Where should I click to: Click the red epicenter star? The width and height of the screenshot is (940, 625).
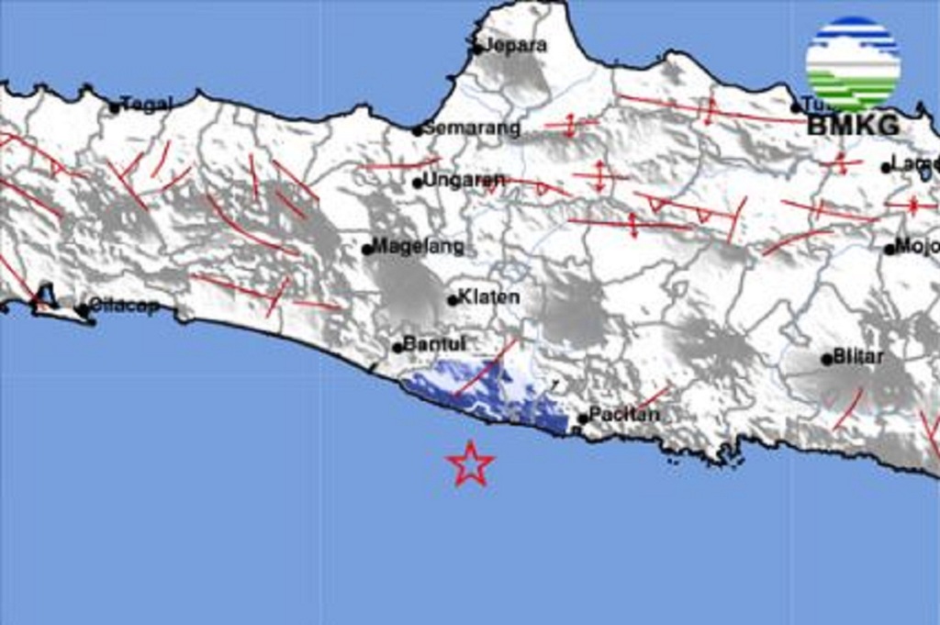(x=471, y=463)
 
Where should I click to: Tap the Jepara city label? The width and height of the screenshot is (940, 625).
(x=515, y=45)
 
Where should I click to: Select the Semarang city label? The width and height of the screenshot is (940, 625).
(x=472, y=128)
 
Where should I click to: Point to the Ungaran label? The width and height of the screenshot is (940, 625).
(x=464, y=180)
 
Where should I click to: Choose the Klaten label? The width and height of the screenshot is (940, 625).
(x=489, y=297)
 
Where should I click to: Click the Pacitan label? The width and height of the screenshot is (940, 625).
(x=624, y=415)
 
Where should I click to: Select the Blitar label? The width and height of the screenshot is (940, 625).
(x=858, y=357)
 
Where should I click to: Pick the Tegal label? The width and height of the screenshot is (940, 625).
(x=147, y=105)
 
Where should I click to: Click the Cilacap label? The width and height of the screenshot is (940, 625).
(x=124, y=307)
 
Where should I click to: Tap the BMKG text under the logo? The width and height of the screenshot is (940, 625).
(x=853, y=126)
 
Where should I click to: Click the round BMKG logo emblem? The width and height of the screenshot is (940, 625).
(x=853, y=63)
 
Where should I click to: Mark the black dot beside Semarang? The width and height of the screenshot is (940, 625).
(x=417, y=130)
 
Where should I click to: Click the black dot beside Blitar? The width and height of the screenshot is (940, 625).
(x=827, y=359)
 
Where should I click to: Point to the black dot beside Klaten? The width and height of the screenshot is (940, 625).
(x=453, y=299)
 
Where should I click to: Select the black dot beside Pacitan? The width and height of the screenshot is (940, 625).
(x=583, y=419)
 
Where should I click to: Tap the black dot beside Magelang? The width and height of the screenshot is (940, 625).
(x=367, y=249)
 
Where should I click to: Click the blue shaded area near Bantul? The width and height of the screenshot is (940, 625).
(x=487, y=390)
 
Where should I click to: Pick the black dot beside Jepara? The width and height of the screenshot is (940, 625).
(x=477, y=49)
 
